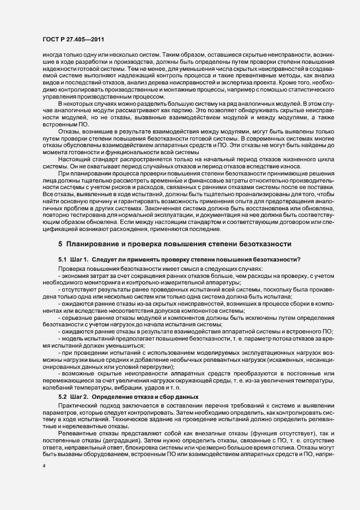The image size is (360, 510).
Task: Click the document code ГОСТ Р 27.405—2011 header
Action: (x=74, y=39)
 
